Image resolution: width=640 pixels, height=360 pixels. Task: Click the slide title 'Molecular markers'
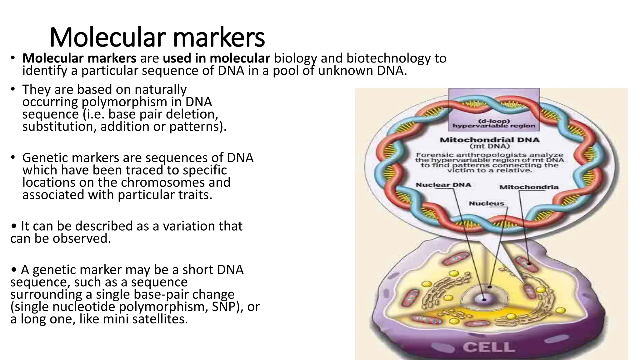pos(157,37)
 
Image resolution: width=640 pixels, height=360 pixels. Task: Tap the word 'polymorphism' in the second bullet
pos(132,102)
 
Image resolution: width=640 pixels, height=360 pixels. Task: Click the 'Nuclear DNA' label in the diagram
pos(443,185)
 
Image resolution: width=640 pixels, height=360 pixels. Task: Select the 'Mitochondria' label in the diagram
pos(529,187)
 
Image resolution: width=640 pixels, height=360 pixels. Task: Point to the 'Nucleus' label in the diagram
pos(487,204)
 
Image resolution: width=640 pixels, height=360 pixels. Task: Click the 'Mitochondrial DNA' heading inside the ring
pos(489,140)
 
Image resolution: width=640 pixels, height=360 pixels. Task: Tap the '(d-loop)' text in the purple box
pos(494,121)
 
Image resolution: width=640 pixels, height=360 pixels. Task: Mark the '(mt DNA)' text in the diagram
pos(490,146)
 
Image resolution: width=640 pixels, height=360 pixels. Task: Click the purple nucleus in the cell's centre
pos(483,299)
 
